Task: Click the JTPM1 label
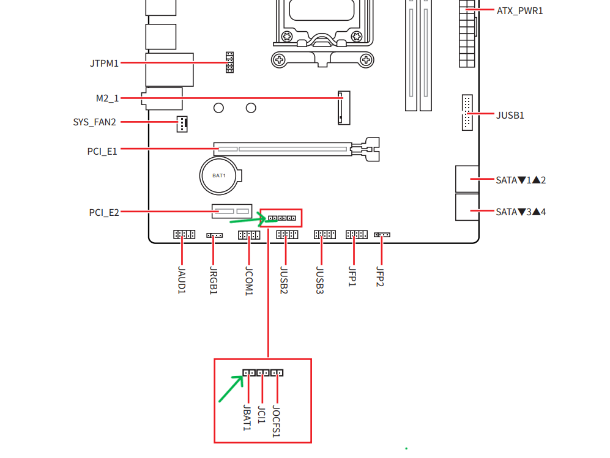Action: (104, 63)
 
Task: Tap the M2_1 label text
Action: (107, 98)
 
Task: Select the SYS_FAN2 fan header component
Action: (182, 124)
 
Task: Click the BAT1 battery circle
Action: (219, 175)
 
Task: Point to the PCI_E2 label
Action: (103, 213)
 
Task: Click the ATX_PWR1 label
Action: (519, 11)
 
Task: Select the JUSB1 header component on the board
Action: (467, 113)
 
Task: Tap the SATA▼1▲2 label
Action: (521, 180)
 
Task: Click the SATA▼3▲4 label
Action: (521, 212)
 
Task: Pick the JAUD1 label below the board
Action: (182, 280)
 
